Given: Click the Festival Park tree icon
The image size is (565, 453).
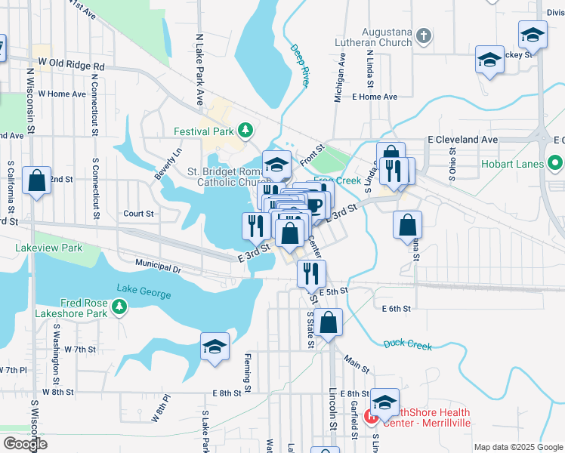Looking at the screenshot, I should click(245, 131).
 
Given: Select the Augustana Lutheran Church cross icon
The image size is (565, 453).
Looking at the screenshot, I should click(425, 35).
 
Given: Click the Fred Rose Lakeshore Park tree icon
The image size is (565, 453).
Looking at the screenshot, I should click(119, 307).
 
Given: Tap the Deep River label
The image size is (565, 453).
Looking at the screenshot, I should click(301, 66).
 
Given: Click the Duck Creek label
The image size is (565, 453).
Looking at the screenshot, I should click(407, 344).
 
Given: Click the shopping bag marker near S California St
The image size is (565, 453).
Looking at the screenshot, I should click(36, 181).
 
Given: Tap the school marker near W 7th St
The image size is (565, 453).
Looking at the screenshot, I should click(215, 348).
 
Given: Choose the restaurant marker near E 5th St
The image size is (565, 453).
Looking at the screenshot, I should click(311, 273).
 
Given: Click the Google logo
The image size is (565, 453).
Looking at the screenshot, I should click(24, 444).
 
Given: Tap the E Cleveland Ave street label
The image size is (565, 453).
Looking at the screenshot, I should click(462, 140).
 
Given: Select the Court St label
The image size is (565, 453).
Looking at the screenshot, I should click(138, 214).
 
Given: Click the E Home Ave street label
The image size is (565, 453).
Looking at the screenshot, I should click(374, 97).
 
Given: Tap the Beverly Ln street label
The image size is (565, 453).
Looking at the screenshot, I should click(168, 162).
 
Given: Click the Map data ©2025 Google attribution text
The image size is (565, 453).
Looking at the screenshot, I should click(517, 447).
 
